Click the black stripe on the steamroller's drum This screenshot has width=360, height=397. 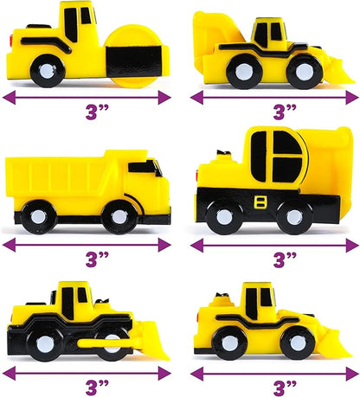tap(133, 61)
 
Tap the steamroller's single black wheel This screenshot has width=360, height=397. tap(47, 71)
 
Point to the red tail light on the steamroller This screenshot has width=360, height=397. tap(11, 41)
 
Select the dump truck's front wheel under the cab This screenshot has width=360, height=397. tap(119, 216)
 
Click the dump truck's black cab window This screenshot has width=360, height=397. tap(145, 167)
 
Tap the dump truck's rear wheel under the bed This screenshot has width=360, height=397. tap(38, 217)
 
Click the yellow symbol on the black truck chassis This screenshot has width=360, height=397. tap(260, 202)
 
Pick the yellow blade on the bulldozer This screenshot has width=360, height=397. tap(153, 340)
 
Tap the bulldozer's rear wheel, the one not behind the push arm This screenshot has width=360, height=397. tap(45, 344)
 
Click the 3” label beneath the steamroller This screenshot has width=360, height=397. tap(97, 112)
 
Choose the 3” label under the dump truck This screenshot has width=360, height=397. tap(97, 259)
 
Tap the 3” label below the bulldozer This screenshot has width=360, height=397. tap(97, 387)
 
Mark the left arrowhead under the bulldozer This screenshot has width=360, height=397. tap(9, 374)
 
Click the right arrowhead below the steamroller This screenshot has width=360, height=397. tap(164, 98)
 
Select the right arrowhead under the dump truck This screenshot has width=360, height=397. tap(164, 245)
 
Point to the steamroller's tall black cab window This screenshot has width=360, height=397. tap(71, 25)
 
